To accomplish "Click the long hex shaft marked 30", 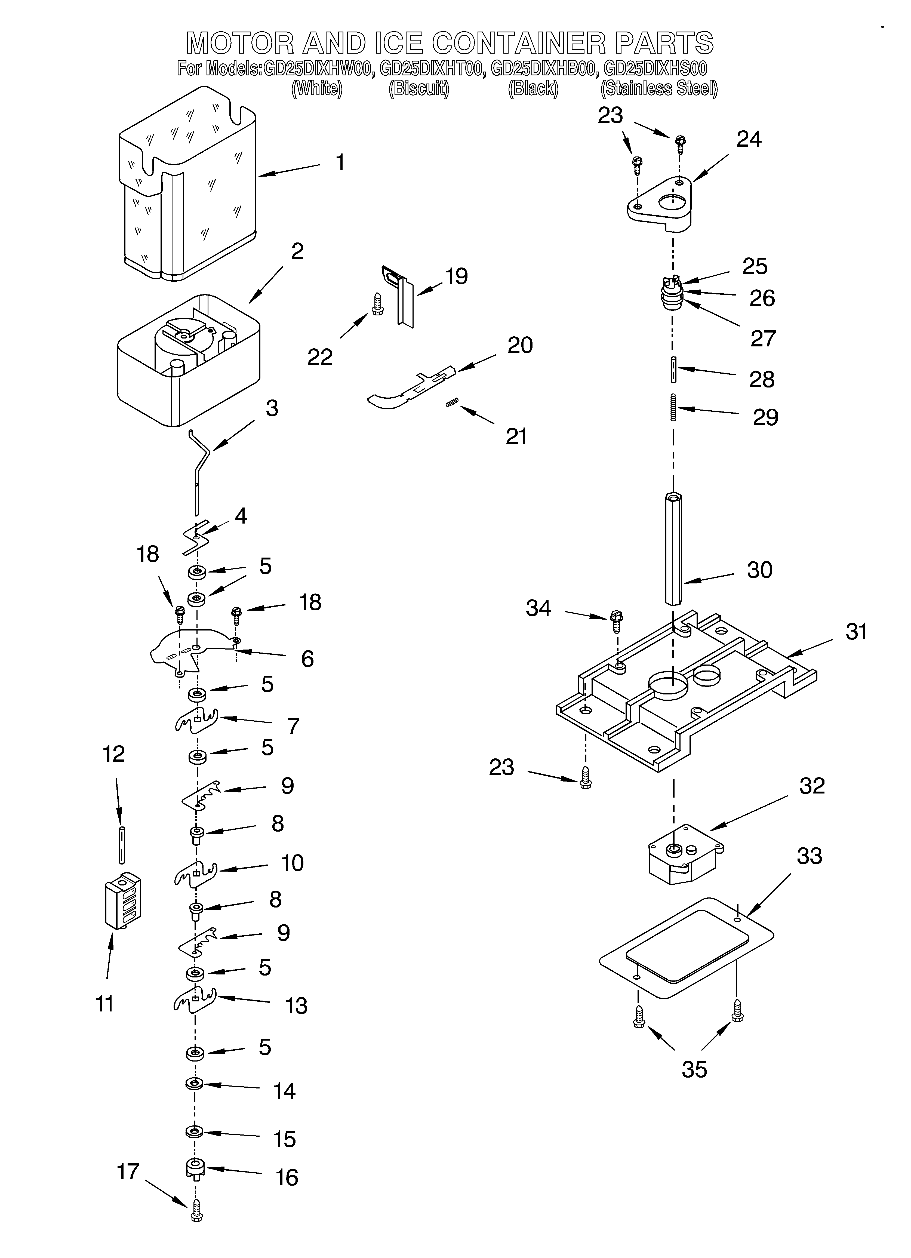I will coord(673,549).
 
